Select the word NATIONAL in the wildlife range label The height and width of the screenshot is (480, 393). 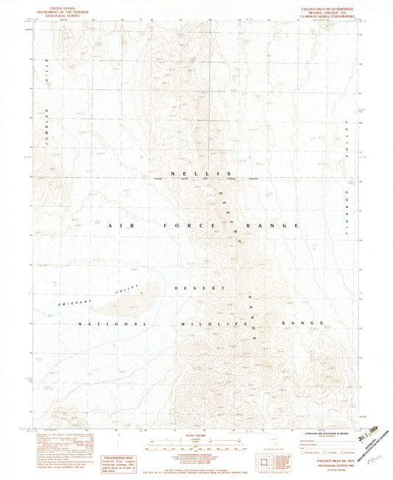pyautogui.click(x=114, y=323)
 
